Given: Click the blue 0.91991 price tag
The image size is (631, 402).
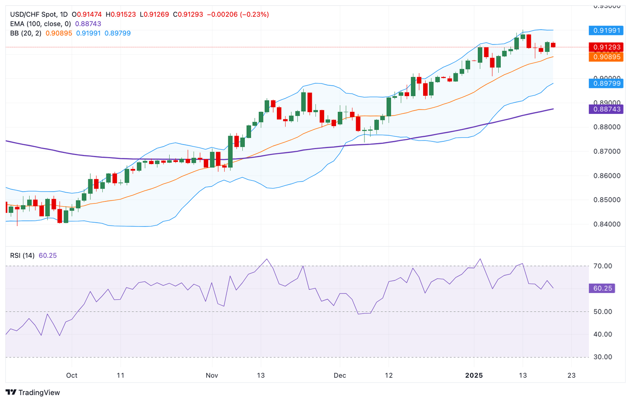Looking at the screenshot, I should coord(606,30).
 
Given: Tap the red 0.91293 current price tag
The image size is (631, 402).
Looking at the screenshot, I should coord(606,47).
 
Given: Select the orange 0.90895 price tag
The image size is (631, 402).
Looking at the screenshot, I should coord(606,57).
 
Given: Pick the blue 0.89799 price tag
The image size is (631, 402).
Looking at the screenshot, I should coord(606,83).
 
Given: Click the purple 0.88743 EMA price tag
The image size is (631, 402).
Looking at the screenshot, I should coord(606,109).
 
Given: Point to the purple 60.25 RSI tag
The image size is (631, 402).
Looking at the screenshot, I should coord(602,289).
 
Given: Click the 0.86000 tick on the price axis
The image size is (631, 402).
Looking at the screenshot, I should coord(607,176).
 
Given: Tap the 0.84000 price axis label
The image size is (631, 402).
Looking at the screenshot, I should coord(607,224).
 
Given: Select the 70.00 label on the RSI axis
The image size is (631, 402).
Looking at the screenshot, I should coord(603,266).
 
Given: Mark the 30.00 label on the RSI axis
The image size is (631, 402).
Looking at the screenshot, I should coord(603,357).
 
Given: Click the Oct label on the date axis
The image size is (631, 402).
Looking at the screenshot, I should coord(72,375).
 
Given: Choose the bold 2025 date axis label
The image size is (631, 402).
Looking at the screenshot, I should coord(474,375).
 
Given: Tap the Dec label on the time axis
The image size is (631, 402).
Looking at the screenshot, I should coord(340,375).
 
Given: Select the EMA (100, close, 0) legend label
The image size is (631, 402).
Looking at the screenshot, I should coord(40,24).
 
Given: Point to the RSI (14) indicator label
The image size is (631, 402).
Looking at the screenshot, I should coord(22,256).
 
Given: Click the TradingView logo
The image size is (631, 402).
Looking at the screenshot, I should coord(33,393).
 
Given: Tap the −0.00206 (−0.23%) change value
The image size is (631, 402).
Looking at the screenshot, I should coord(237,14).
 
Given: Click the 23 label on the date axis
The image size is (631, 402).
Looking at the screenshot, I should coord(571,375).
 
